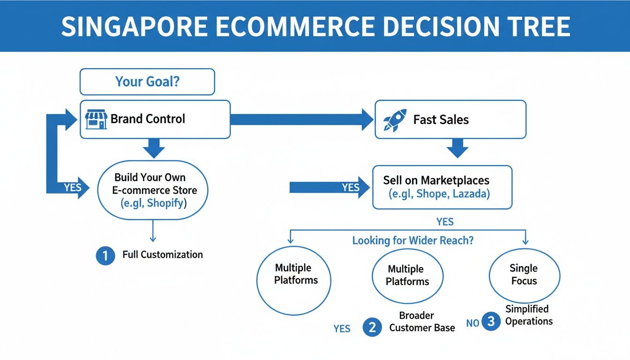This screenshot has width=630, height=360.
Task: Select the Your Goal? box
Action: point(147,82)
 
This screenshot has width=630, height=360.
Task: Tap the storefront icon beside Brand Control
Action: point(97,119)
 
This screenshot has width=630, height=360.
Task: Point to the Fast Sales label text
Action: point(441,120)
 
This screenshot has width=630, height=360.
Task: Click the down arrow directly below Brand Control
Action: point(153,148)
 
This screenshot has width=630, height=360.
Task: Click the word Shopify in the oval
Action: point(166,203)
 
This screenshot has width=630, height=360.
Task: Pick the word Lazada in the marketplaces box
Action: point(471,194)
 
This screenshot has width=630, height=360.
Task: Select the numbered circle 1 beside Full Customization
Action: point(105,255)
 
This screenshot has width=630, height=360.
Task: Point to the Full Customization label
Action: point(163,255)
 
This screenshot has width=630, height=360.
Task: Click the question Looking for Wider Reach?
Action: point(413,240)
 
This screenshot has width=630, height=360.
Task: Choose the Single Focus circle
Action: point(524,275)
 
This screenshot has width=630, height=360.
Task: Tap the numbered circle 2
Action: point(372,328)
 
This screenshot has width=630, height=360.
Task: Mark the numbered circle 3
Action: point(491,322)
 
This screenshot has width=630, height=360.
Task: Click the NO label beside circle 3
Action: point(473,323)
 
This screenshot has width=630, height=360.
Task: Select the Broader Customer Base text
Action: point(422,322)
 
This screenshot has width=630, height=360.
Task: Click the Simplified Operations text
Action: point(529,315)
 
